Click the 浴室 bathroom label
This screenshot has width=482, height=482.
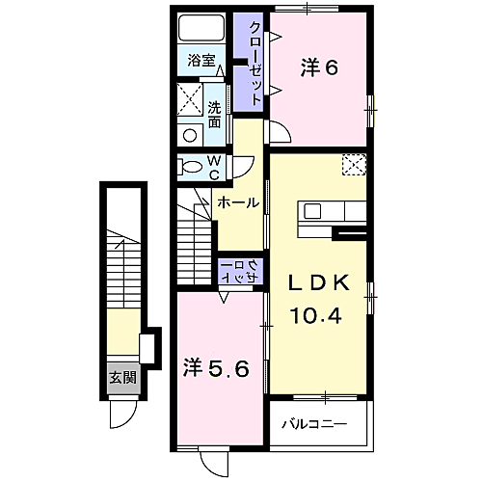(201, 61)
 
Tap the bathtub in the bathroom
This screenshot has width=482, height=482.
(201, 28)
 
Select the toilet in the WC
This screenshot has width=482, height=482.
(190, 167)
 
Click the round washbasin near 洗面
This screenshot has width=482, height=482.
(190, 135)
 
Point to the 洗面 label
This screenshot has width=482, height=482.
(214, 115)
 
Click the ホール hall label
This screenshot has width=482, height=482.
(238, 202)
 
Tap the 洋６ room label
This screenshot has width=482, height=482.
(319, 67)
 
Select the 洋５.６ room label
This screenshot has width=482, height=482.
(216, 369)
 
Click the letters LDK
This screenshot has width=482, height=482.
(319, 283)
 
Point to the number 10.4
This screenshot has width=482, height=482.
(315, 315)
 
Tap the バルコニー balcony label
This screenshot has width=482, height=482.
(314, 424)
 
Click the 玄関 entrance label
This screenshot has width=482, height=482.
(123, 378)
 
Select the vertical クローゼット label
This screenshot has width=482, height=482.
(255, 63)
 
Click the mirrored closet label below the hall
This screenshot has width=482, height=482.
(240, 272)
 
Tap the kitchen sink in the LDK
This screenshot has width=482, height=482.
(312, 211)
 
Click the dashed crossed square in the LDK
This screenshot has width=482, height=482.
(354, 165)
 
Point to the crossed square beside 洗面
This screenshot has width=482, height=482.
(190, 99)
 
